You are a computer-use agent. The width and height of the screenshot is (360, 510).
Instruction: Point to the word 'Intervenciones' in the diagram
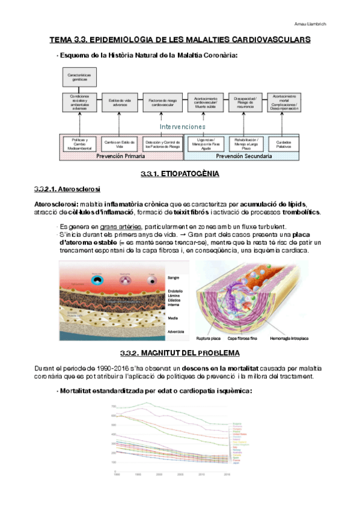pyautogui.click(x=183, y=127)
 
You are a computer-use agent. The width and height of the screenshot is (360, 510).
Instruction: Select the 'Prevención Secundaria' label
pyautogui.click(x=243, y=156)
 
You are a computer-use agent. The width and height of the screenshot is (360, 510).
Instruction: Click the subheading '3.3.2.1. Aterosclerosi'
pyautogui.click(x=67, y=189)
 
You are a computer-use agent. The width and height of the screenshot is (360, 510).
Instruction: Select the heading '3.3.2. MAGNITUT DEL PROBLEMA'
pyautogui.click(x=180, y=353)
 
